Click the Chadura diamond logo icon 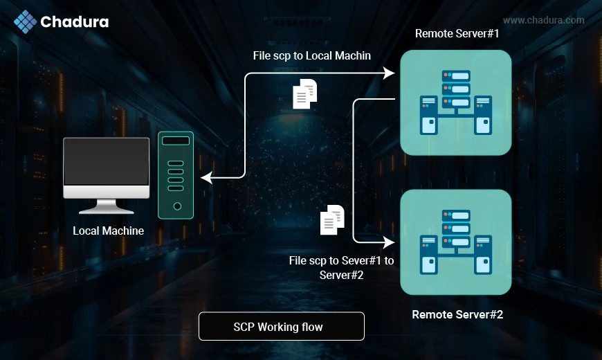click(25, 21)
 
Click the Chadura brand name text click(74, 22)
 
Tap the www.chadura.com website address click(543, 20)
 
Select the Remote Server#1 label click(457, 34)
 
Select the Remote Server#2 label click(457, 314)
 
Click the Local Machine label click(109, 231)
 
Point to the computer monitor click(106, 166)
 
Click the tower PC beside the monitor click(177, 174)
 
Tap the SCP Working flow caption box click(281, 326)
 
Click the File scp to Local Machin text click(312, 55)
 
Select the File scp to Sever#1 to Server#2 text click(341, 267)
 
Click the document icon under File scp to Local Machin click(305, 94)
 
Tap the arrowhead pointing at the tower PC click(207, 179)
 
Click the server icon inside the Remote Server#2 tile click(456, 242)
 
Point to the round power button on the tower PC click(177, 206)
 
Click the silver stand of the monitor click(106, 206)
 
